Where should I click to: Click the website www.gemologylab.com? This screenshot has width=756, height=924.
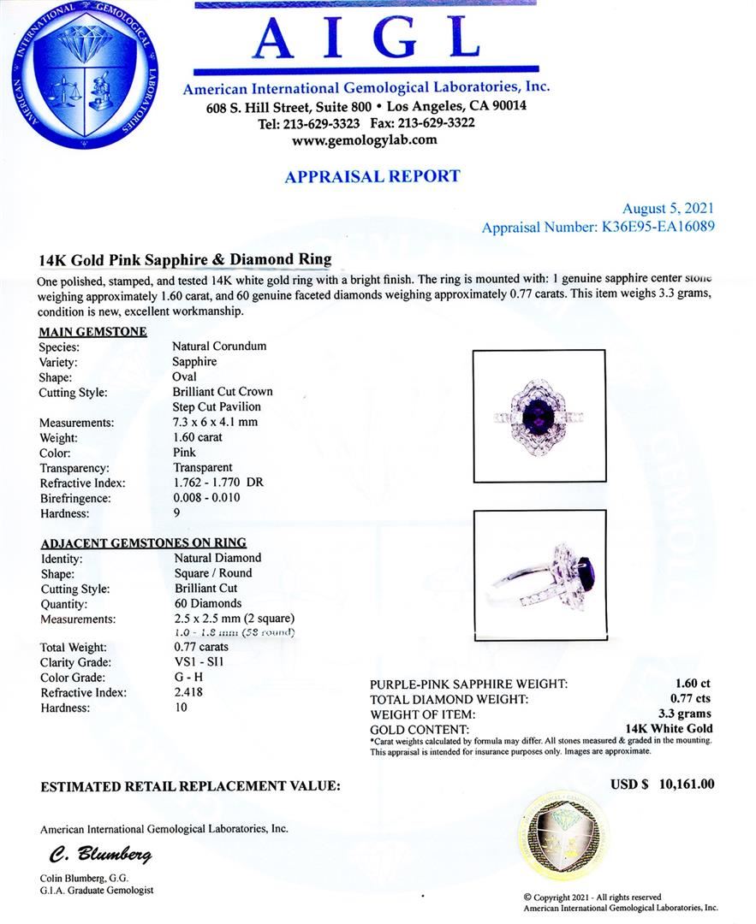pos(365,140)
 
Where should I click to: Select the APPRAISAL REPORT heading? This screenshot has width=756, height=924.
pos(372,177)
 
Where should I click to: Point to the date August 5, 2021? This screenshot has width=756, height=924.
pos(667,208)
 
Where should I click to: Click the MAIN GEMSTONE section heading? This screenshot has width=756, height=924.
pos(93,331)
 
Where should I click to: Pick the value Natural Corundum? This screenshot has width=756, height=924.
pos(218,346)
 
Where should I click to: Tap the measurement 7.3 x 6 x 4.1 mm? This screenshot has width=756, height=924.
pos(215,423)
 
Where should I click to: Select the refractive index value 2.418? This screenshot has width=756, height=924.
pos(188,693)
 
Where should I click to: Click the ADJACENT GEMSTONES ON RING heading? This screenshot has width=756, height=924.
pos(143,542)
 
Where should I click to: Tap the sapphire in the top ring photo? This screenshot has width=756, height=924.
pos(539,412)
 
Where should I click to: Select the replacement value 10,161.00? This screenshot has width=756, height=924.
pos(687,785)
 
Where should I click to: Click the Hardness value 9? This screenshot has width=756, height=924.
pos(176,514)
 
